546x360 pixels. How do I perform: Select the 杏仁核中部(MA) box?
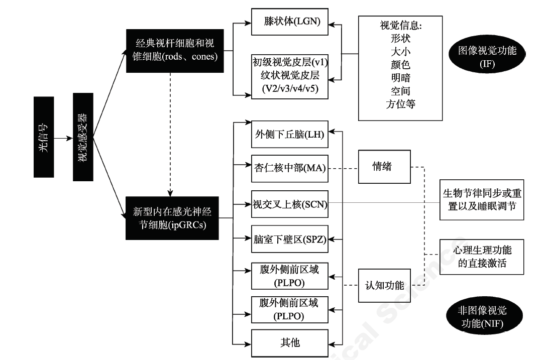point(289,169)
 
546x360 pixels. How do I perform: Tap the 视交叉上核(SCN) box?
point(289,204)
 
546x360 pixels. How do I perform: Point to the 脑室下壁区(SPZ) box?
point(289,239)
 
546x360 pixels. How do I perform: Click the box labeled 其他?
point(289,343)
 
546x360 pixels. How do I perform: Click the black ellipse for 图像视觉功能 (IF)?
point(487,57)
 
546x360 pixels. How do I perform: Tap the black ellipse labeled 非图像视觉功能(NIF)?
point(483,318)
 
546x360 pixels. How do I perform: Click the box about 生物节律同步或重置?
point(481,200)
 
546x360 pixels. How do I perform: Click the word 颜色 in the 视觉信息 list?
point(400,65)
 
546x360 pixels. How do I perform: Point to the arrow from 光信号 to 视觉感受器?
point(63,138)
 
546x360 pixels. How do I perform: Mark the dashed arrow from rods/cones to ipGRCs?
point(172,136)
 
